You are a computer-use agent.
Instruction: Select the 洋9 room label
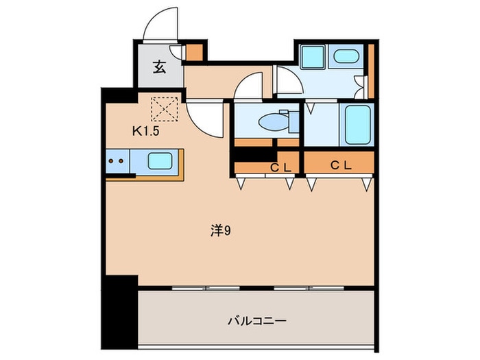(219, 231)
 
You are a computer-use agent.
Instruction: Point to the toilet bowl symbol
(275, 122)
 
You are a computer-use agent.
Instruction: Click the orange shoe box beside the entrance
(195, 52)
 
